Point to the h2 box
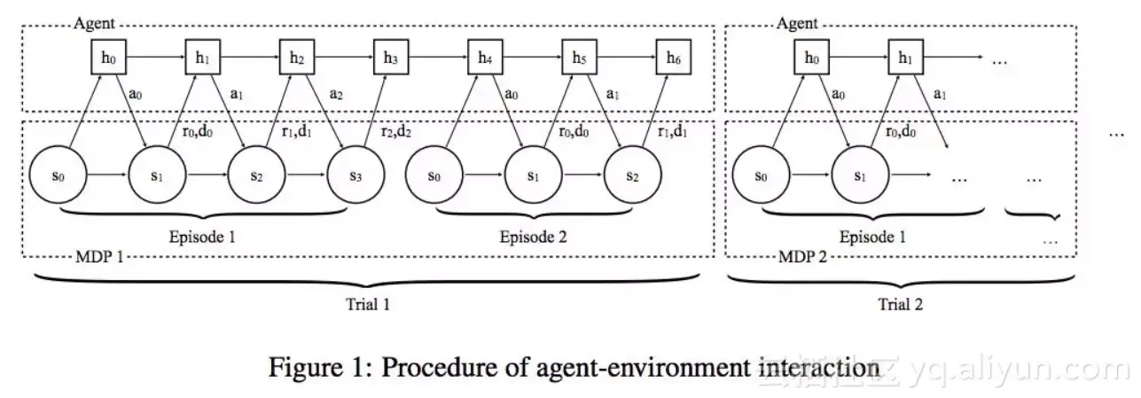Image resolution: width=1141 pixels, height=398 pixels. (295, 59)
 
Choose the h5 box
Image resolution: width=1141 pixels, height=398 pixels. (578, 59)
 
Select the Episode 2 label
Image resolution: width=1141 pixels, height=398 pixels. (533, 237)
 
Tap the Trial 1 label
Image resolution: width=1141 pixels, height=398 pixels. (367, 304)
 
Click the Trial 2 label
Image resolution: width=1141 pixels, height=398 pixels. (900, 304)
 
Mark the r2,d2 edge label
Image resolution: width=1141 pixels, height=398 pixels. (395, 131)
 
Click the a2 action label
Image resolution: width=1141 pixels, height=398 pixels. (336, 92)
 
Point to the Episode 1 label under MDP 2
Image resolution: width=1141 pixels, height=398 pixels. (872, 237)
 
